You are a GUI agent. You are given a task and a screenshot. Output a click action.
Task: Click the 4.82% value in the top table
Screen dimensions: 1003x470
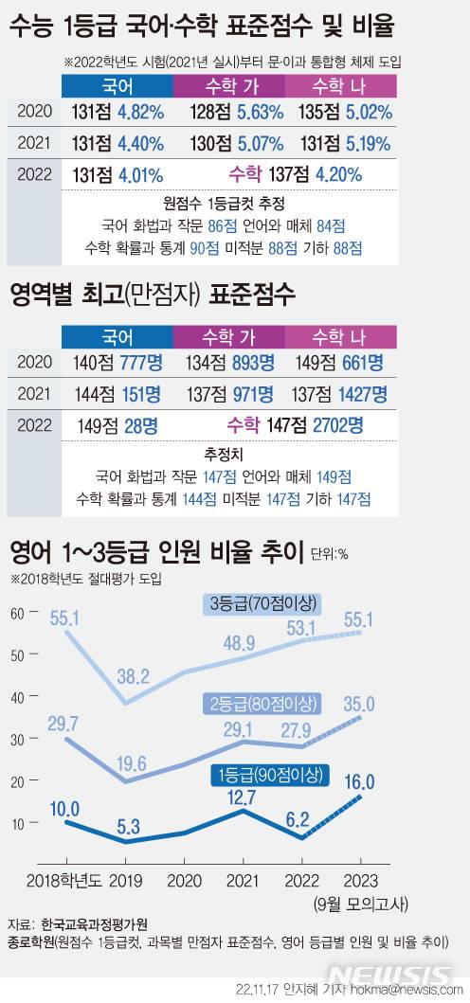click(141, 111)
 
